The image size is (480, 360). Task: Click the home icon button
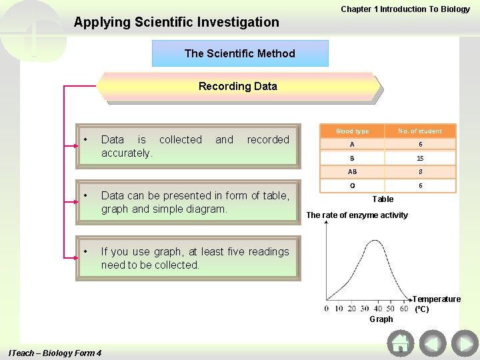point(400,343)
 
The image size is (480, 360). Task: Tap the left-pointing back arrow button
point(433,343)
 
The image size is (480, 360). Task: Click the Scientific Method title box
point(240,53)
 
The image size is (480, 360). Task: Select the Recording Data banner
point(238,87)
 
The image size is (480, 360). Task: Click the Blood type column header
point(352,131)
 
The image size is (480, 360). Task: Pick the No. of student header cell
point(420,131)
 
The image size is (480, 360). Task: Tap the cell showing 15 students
point(420,159)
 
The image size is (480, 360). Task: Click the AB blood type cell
point(352,172)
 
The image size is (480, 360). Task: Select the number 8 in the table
point(420,172)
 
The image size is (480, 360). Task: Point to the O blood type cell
point(352,186)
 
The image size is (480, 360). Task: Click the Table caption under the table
point(383,199)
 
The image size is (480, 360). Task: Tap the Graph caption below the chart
point(381,319)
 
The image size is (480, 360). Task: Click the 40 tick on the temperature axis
point(379,308)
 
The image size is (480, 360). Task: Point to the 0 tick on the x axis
point(326,308)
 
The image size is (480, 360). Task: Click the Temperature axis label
point(437,300)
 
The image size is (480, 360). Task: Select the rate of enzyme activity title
point(357,215)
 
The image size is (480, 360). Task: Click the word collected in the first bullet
point(180,139)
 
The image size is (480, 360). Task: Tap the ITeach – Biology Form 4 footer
point(53,353)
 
